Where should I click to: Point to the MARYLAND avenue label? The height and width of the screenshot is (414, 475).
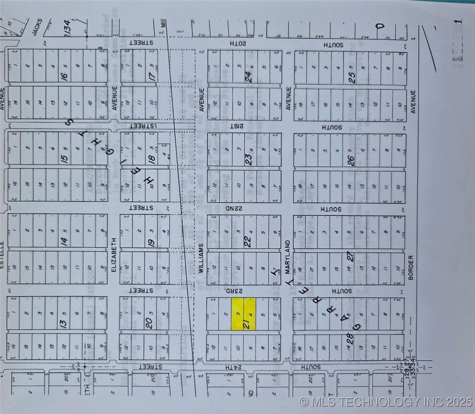288,257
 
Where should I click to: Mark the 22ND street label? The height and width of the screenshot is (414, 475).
234,209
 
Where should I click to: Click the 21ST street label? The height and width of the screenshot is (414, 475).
237,126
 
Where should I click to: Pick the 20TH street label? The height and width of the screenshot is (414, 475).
238,43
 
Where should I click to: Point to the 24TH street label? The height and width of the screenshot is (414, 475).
234,367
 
